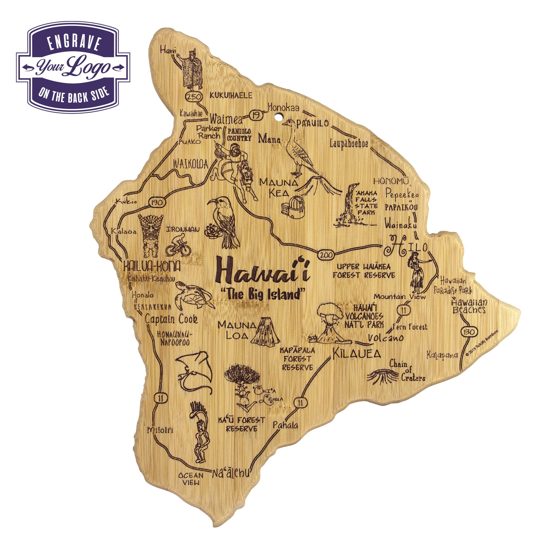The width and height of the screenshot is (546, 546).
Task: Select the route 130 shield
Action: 469,331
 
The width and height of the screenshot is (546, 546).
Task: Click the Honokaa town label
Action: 283,107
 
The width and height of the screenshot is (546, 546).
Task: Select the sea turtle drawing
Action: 194,297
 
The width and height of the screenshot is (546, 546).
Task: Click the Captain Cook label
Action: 171,319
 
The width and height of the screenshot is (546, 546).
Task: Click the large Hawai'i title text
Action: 263,271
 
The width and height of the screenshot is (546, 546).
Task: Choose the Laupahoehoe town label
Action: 349,144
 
